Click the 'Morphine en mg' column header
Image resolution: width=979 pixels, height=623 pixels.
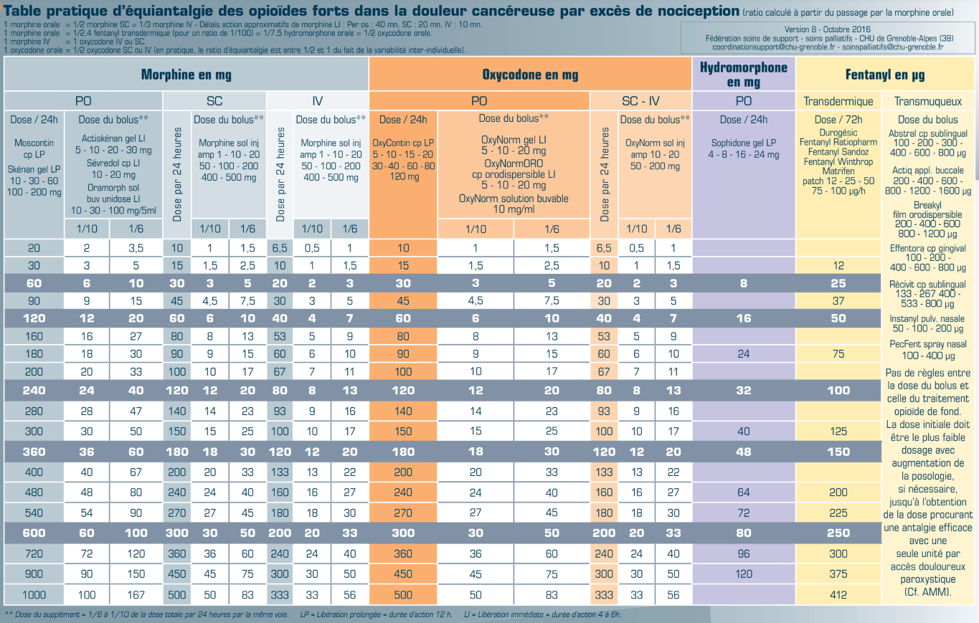pyautogui.click(x=186, y=75)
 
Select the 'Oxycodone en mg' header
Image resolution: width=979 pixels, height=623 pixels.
pyautogui.click(x=530, y=75)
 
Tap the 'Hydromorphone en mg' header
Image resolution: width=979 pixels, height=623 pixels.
pyautogui.click(x=744, y=75)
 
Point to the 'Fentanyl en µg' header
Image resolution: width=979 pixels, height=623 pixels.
pyautogui.click(x=885, y=75)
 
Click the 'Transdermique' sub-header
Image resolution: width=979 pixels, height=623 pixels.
pyautogui.click(x=838, y=101)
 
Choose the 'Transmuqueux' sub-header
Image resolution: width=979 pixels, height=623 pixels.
pyautogui.click(x=928, y=101)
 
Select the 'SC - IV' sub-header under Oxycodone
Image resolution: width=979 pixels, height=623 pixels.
pyautogui.click(x=640, y=101)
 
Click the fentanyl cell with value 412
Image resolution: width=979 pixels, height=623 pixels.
pyautogui.click(x=838, y=594)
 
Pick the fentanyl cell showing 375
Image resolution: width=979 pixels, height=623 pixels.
pyautogui.click(x=838, y=574)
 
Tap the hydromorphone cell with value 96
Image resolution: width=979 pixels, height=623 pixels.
pyautogui.click(x=744, y=553)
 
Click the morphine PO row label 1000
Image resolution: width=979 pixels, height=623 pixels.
pyautogui.click(x=34, y=594)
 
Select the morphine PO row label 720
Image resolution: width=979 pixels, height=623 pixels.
pyautogui.click(x=34, y=553)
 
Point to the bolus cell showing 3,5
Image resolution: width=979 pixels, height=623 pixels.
pyautogui.click(x=136, y=248)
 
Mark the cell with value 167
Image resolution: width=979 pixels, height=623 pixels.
pyautogui.click(x=136, y=594)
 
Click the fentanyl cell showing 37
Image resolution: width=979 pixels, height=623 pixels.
pyautogui.click(x=838, y=300)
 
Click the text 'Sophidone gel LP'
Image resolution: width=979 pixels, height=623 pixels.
pyautogui.click(x=744, y=143)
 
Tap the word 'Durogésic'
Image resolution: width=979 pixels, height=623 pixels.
pyautogui.click(x=838, y=133)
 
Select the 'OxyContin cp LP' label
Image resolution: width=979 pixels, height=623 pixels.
pyautogui.click(x=403, y=143)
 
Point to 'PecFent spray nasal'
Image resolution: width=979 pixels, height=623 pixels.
pyautogui.click(x=928, y=344)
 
